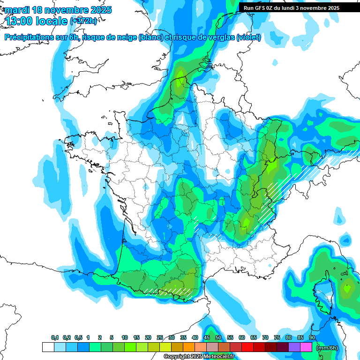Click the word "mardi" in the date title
(x=18, y=10)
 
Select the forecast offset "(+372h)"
(x=85, y=21)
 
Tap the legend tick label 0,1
(x=54, y=338)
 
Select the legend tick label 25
(x=160, y=338)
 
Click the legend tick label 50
(x=218, y=338)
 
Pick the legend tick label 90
(x=312, y=338)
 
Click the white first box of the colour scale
(x=48, y=347)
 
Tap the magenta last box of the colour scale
(x=306, y=347)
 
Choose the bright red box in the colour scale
(x=247, y=347)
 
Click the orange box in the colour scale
(x=189, y=347)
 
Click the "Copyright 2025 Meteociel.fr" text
(x=200, y=357)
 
